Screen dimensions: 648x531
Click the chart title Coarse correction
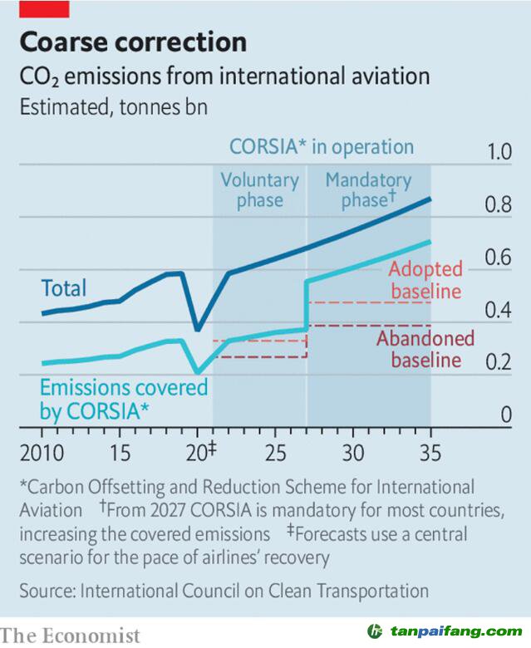(x=133, y=42)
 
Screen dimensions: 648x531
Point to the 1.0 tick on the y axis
(x=499, y=153)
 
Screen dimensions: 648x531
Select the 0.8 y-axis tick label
(x=499, y=205)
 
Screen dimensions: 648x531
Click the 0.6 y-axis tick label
(x=499, y=258)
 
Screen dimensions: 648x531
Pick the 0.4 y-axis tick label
(x=499, y=311)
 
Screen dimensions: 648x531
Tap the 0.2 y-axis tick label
(x=499, y=363)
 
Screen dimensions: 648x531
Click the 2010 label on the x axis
(x=41, y=454)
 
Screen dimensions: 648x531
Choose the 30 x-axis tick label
(x=353, y=454)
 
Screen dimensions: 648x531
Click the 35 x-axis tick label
(x=430, y=454)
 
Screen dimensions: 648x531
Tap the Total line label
(x=64, y=288)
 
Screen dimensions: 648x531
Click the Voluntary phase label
(x=259, y=190)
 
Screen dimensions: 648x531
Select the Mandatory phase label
(x=368, y=190)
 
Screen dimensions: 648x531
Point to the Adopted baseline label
(x=425, y=281)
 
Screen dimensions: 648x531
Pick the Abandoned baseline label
(x=425, y=349)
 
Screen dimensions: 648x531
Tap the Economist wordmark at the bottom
(x=71, y=636)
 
